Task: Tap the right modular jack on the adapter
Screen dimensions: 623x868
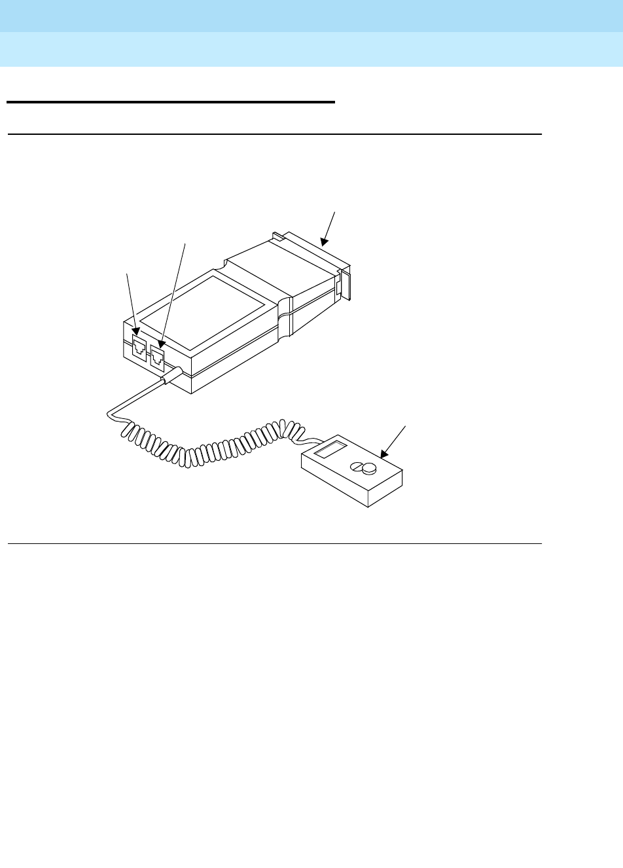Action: (x=157, y=356)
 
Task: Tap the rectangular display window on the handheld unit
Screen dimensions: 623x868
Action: (x=330, y=450)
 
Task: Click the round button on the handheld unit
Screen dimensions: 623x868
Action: (x=366, y=468)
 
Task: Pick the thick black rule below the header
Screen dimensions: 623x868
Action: (x=170, y=102)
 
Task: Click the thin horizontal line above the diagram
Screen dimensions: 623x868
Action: (x=275, y=134)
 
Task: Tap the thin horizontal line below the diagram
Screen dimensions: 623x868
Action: (x=275, y=543)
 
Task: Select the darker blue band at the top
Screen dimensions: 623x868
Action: (x=311, y=16)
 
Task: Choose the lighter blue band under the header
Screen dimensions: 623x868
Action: (x=311, y=50)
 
